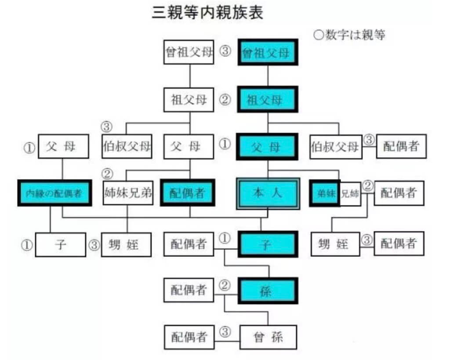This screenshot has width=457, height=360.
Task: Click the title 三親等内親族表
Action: click(x=207, y=13)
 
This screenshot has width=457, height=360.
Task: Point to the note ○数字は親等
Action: click(x=349, y=36)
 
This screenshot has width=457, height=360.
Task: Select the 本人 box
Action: click(x=268, y=193)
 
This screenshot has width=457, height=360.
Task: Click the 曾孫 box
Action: click(x=268, y=337)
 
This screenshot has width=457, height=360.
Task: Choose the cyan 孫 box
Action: click(x=268, y=291)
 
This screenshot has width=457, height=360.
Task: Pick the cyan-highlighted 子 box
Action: click(x=268, y=244)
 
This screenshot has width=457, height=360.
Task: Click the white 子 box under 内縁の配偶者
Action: click(x=61, y=245)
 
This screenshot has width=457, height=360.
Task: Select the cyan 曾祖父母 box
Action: click(x=268, y=53)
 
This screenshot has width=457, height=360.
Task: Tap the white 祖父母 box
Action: click(x=189, y=100)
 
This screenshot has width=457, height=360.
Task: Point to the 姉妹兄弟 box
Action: click(x=128, y=193)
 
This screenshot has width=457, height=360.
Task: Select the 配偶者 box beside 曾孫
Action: click(x=189, y=337)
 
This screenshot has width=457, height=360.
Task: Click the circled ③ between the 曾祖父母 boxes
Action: click(x=225, y=52)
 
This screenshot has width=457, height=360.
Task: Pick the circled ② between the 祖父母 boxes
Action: click(x=225, y=100)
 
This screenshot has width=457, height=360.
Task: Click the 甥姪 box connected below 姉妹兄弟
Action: click(x=127, y=245)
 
